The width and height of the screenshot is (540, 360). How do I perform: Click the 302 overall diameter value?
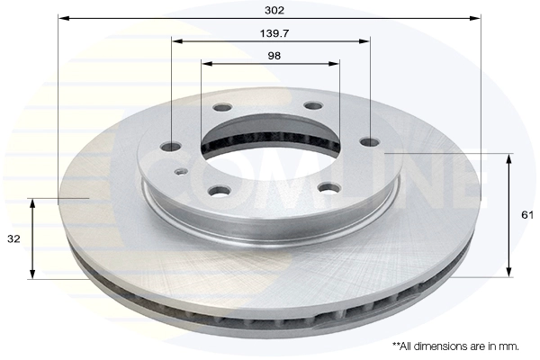pyautogui.click(x=274, y=10)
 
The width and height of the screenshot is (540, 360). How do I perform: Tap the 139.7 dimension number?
pyautogui.click(x=274, y=33)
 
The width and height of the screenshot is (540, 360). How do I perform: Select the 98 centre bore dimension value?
pyautogui.click(x=274, y=56)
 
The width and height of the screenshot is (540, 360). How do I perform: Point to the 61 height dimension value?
pyautogui.click(x=527, y=215)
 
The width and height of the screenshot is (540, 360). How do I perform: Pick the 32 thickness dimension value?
pyautogui.click(x=13, y=238)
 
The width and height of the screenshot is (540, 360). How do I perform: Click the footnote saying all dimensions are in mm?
pyautogui.click(x=455, y=346)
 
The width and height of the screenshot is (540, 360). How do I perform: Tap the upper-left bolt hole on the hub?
pyautogui.click(x=221, y=107)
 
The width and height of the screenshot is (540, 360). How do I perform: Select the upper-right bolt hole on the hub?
pyautogui.click(x=314, y=106)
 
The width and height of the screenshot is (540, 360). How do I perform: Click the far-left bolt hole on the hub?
pyautogui.click(x=171, y=147)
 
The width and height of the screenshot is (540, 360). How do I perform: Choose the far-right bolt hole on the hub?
pyautogui.click(x=370, y=142)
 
